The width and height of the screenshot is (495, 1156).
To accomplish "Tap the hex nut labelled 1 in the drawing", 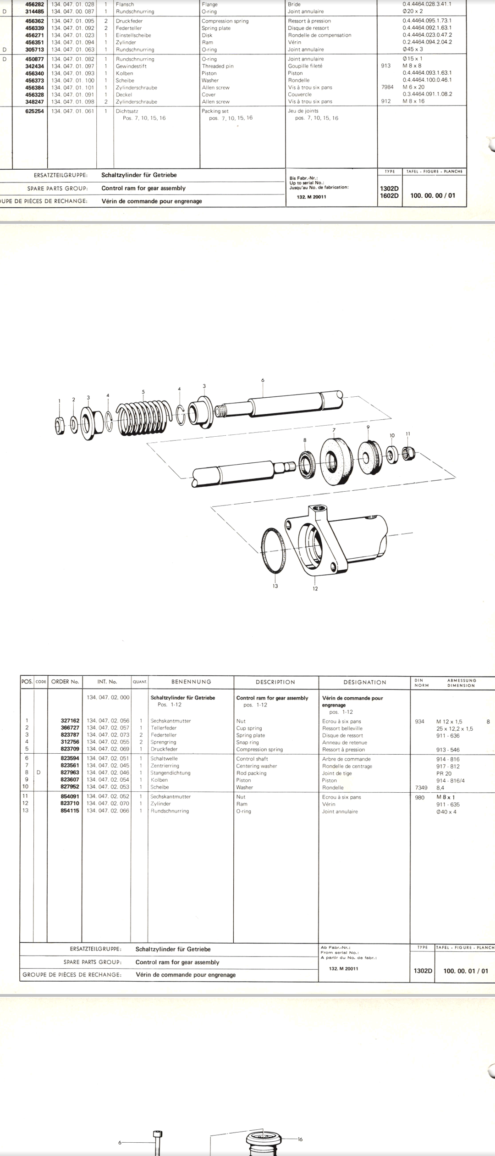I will coord(59,426).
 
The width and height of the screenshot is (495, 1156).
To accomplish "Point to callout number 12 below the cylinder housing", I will coord(315,589).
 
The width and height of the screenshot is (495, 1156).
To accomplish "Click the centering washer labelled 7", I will coord(334,460).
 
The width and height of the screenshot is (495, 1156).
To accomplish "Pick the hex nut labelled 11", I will coord(407,454).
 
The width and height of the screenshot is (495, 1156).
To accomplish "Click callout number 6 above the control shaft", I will coord(263,380).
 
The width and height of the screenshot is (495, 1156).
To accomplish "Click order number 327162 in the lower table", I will coord(70,721).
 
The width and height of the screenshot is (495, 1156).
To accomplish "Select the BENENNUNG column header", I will coord(191,682).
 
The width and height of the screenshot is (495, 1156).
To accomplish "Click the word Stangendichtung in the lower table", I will coord(170,773).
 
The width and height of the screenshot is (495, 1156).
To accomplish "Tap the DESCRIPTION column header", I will coord(275,682).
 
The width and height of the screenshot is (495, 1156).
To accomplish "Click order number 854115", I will coord(70,811).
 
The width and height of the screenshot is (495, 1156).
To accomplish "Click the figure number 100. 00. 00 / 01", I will coord(433,195).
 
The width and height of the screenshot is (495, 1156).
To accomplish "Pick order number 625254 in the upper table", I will coord(34,111).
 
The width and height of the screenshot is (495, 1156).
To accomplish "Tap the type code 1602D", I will coord(389,195).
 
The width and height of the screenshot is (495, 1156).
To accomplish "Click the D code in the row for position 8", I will coord(38,773).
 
